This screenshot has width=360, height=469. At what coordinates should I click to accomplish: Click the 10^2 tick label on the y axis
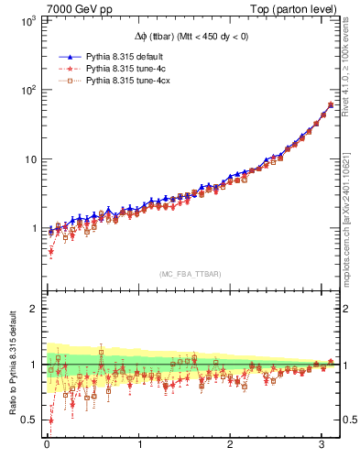[25, 90]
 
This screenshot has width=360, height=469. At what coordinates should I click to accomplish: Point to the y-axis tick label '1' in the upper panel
[31, 229]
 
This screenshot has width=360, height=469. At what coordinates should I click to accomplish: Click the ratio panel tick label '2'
[31, 309]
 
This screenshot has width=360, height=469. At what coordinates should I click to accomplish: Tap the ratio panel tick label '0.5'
[27, 420]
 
